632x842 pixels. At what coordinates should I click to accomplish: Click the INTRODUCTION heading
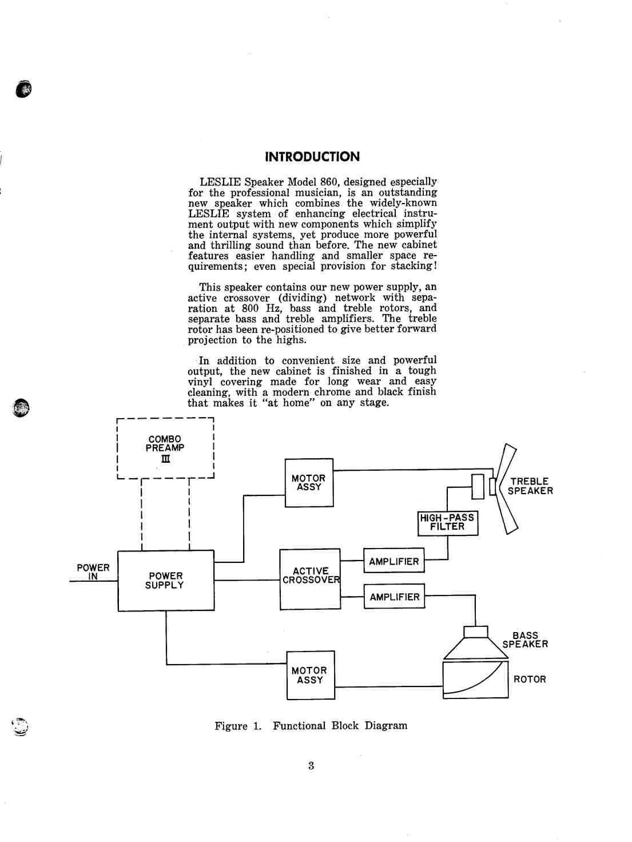tap(312, 157)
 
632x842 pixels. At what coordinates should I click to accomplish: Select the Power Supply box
tap(166, 581)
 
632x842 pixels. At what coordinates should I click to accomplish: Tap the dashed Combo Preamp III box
tap(165, 449)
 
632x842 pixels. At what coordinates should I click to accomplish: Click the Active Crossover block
tap(310, 578)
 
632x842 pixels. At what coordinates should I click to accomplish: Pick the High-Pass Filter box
tap(447, 523)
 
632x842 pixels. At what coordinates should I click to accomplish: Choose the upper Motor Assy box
tap(309, 483)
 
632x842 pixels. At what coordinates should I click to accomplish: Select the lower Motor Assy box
tap(311, 675)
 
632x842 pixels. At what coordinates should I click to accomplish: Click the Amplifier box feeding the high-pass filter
tap(393, 562)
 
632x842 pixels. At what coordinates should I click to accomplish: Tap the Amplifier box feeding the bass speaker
tap(394, 597)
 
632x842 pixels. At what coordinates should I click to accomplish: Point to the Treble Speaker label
tap(530, 486)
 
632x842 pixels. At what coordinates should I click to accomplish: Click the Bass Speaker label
tap(525, 640)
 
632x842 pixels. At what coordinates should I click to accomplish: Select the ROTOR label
tap(530, 680)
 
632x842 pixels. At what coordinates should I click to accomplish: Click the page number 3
tap(311, 766)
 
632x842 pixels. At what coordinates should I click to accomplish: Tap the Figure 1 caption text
tap(311, 726)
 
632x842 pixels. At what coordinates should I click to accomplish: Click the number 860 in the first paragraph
tap(331, 182)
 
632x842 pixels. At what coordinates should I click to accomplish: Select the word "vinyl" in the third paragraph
tap(201, 382)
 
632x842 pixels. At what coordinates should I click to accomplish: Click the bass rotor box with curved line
tap(475, 680)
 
